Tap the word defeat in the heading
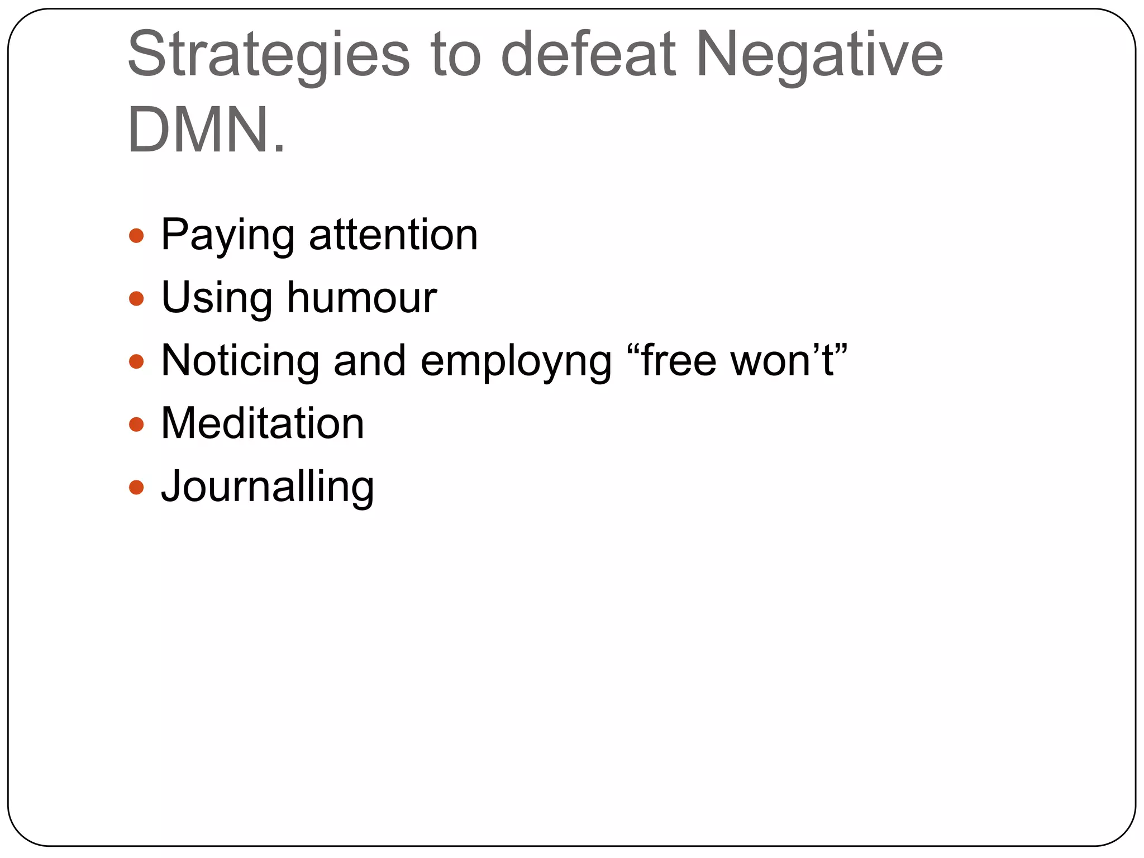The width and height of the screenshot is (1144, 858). click(588, 55)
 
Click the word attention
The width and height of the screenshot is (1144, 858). click(393, 235)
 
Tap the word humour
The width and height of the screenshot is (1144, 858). click(361, 298)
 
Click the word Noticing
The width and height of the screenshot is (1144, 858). click(240, 361)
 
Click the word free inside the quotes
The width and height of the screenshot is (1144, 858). click(678, 360)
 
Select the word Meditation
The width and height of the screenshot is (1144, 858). click(263, 423)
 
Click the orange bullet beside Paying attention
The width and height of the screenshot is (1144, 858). click(136, 236)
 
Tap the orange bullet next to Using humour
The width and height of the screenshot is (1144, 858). click(136, 299)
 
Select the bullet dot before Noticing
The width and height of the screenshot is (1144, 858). click(136, 361)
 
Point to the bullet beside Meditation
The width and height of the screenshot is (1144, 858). click(136, 425)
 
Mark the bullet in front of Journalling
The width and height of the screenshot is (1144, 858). click(136, 488)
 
